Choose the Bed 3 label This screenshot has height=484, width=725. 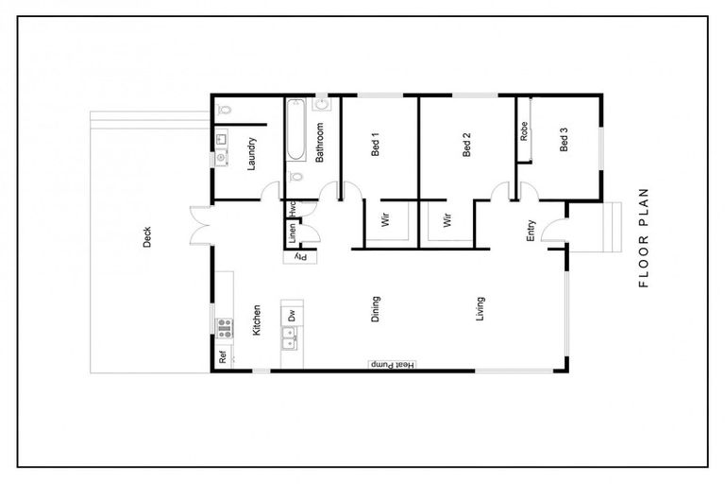[x=565, y=140]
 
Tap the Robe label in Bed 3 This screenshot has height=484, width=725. [x=523, y=131]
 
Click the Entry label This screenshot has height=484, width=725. [x=531, y=230]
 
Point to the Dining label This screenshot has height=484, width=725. [x=375, y=308]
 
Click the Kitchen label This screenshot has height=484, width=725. [x=256, y=320]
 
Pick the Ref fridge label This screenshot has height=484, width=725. [x=223, y=357]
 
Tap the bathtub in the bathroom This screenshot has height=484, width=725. [x=295, y=132]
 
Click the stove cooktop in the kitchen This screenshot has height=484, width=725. [x=226, y=328]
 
